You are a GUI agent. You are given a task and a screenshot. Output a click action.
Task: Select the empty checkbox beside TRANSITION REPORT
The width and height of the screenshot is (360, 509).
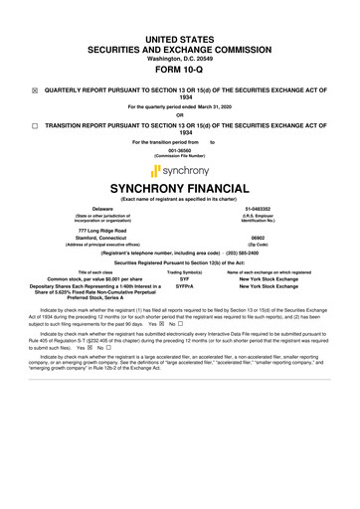click(35, 127)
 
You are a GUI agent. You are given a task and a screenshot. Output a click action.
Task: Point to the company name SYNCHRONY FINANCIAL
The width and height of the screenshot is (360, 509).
click(180, 188)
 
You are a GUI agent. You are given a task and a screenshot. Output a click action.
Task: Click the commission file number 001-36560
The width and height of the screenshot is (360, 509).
click(180, 151)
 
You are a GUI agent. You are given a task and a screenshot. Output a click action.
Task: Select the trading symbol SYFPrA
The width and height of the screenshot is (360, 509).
click(185, 287)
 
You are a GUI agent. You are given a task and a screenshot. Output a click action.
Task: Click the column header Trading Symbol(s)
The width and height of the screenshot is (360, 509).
click(185, 272)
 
